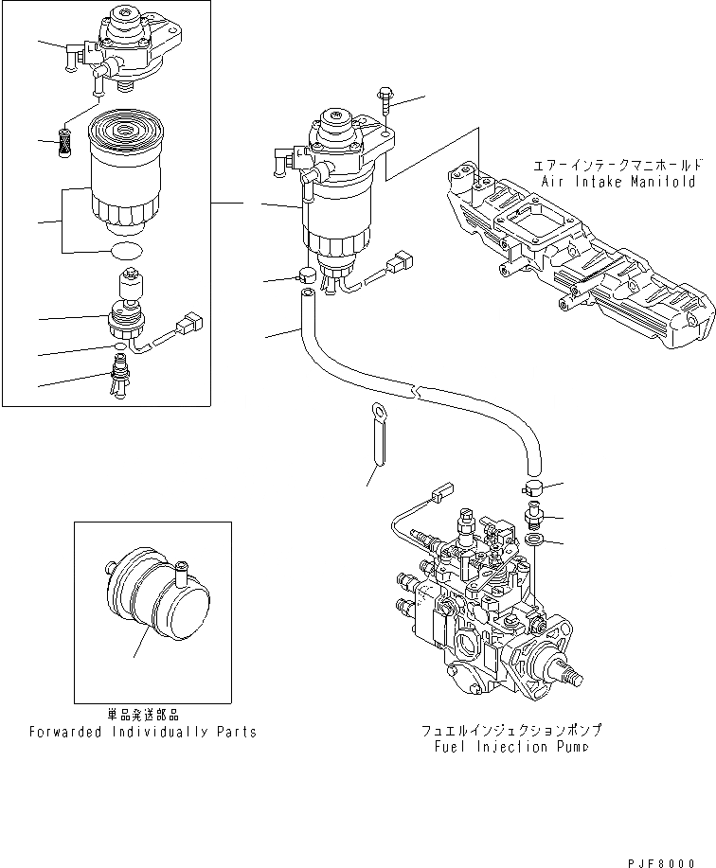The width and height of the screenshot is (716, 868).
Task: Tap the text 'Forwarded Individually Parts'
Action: pos(142,732)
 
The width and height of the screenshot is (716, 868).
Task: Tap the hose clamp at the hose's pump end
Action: pos(532,489)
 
